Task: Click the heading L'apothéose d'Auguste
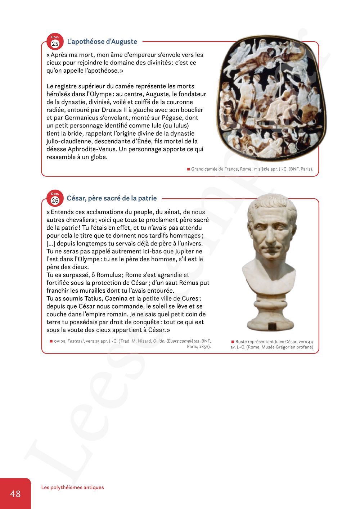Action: pos(102,41)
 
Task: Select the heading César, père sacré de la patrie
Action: pos(112,198)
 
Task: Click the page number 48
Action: pos(15,494)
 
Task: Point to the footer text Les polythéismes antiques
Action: pos(72,487)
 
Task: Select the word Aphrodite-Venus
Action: pos(90,149)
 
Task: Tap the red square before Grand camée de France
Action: pos(188,169)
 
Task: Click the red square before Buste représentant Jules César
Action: pos(233,342)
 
